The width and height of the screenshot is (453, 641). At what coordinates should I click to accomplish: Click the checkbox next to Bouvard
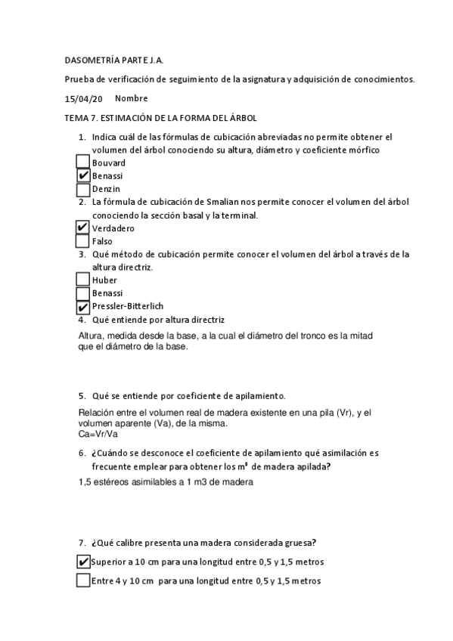click(83, 163)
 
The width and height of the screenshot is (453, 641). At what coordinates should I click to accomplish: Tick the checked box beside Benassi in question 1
click(83, 175)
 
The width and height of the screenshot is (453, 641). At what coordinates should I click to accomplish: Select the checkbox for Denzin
click(83, 188)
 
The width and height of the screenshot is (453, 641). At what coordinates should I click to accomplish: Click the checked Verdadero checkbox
click(83, 228)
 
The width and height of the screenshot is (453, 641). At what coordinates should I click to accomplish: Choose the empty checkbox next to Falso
click(83, 241)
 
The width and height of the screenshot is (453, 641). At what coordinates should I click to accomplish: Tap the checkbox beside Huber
click(83, 280)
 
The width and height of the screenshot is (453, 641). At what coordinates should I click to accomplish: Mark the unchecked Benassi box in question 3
click(83, 293)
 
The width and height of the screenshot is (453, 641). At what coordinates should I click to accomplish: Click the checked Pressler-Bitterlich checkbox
click(83, 306)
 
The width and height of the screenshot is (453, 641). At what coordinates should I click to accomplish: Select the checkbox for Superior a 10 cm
click(83, 562)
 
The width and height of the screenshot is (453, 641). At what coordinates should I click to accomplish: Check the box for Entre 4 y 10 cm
click(83, 581)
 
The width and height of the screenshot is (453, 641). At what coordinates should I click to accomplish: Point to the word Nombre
click(132, 98)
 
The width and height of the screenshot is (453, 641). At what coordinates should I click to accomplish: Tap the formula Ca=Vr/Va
click(98, 434)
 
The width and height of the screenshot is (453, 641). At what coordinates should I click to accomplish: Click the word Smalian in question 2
click(210, 203)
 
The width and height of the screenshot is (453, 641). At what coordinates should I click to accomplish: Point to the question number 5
click(82, 395)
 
